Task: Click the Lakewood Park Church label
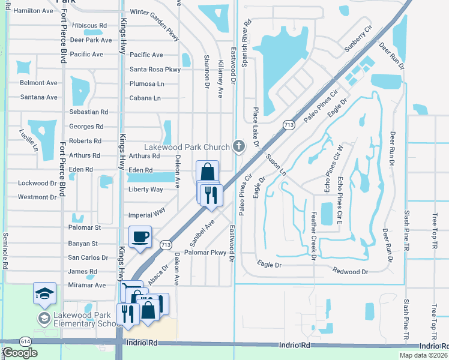[x=187, y=147]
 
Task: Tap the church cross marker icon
[x=239, y=146]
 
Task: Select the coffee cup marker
[x=140, y=236]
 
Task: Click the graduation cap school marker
[x=44, y=293]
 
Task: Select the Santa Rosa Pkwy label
[x=155, y=70]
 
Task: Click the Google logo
[x=20, y=353]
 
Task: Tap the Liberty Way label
[x=146, y=190]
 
